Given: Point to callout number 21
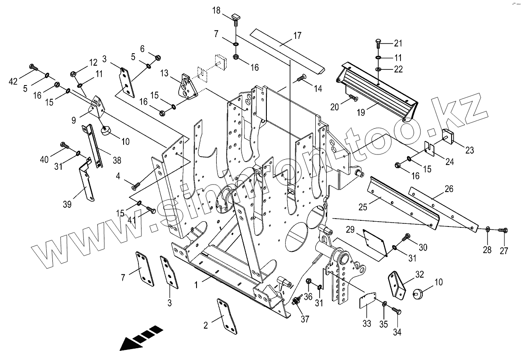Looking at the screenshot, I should (x=398, y=43).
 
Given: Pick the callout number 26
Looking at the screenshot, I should (x=449, y=189).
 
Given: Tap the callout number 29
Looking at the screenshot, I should (x=350, y=230).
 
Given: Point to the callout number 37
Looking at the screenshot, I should (x=305, y=319).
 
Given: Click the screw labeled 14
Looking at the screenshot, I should (x=301, y=79).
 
